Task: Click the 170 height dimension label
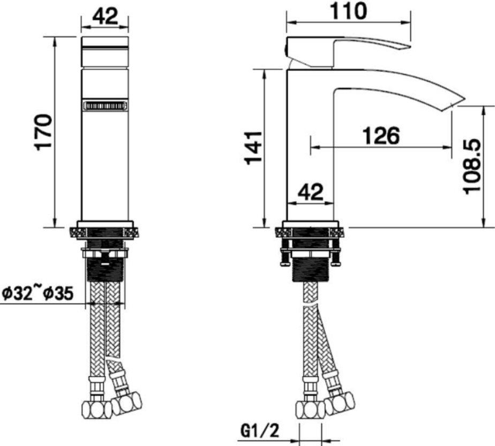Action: tap(43, 132)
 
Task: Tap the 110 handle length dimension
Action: tap(349, 11)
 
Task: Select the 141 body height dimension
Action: tap(253, 148)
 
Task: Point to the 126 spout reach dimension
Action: tap(381, 135)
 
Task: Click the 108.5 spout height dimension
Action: tap(471, 167)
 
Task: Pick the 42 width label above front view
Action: tap(106, 16)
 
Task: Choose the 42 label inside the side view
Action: tap(311, 192)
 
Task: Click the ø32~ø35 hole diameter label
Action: tap(38, 293)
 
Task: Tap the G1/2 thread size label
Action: tap(260, 431)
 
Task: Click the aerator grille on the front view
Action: tap(105, 105)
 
